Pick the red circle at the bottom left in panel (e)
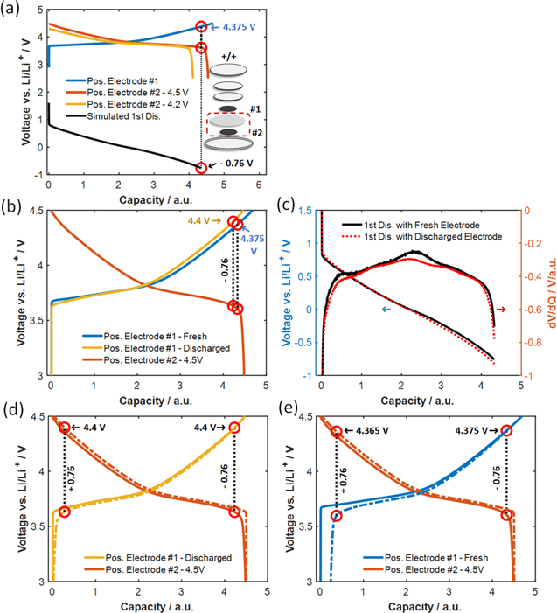pyautogui.click(x=337, y=515)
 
